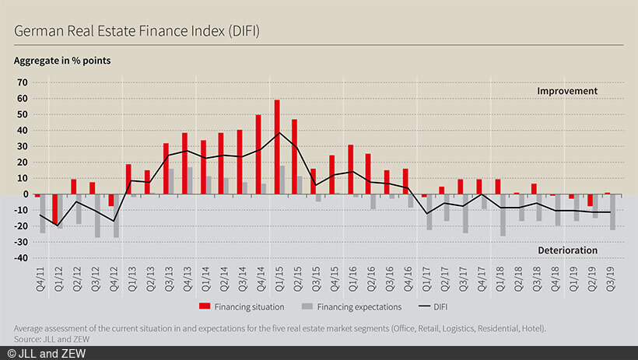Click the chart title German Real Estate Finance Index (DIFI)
136,31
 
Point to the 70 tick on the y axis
23,82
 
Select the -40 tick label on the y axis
20,257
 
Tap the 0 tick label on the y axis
25,194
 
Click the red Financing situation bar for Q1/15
277,147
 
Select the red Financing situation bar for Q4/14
258,155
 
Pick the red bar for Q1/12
55,209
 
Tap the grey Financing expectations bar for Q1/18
503,215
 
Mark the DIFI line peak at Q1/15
280,133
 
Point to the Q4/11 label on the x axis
38,278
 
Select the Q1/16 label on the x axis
351,278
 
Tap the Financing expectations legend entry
359,307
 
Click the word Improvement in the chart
566,91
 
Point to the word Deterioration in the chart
566,250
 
